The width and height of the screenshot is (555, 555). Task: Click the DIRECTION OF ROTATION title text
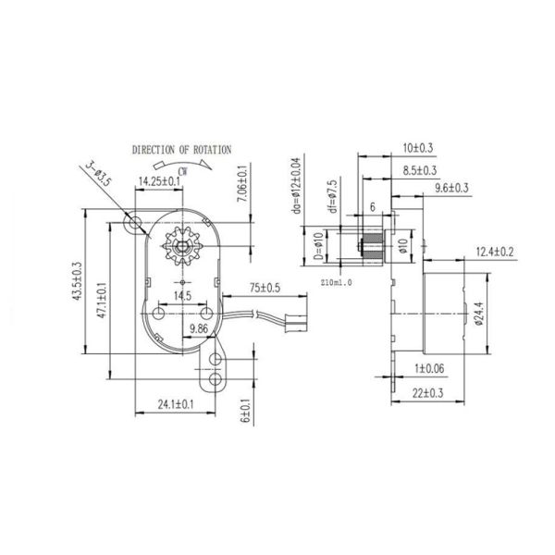[181, 150]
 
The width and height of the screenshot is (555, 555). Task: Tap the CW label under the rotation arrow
[182, 172]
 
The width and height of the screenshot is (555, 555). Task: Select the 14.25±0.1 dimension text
[159, 181]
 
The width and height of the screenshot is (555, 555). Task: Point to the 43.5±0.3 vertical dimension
[77, 281]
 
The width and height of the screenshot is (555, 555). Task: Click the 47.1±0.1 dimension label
[102, 300]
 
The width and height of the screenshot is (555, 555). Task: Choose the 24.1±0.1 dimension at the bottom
[176, 404]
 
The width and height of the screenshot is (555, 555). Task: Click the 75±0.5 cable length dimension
[265, 288]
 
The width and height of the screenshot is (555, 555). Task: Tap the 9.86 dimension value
[199, 329]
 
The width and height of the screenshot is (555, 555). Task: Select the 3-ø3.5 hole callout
[99, 174]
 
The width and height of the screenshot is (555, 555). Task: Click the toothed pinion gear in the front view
[182, 246]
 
